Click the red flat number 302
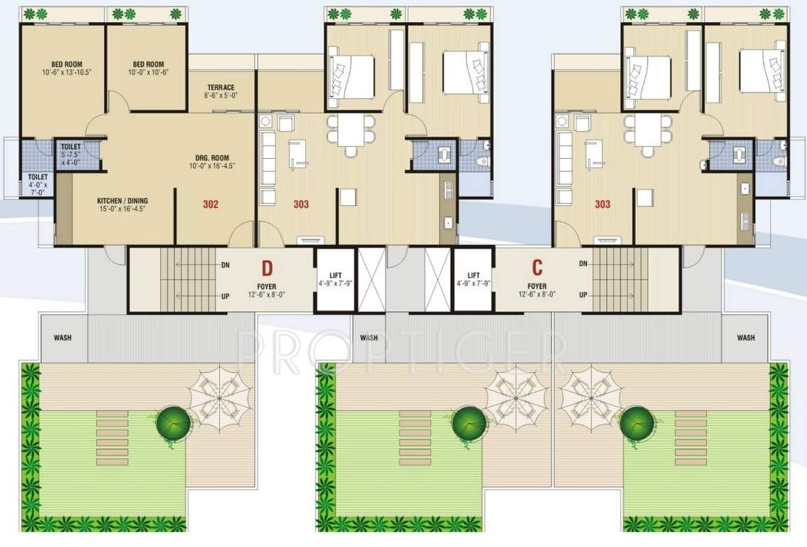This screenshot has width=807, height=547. tap(210, 204)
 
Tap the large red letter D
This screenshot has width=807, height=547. tap(267, 269)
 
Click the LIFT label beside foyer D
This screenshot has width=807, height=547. tap(336, 276)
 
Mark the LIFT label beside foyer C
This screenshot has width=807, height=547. tap(473, 276)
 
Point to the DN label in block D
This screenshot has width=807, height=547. tap(225, 264)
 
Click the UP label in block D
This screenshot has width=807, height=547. tap(225, 295)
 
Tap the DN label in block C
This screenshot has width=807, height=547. tap(583, 264)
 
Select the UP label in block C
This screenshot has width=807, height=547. tap(583, 295)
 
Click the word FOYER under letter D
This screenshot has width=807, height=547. tap(267, 286)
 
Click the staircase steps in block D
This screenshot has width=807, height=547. tap(186, 279)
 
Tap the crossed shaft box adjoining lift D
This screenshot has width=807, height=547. tap(371, 279)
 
